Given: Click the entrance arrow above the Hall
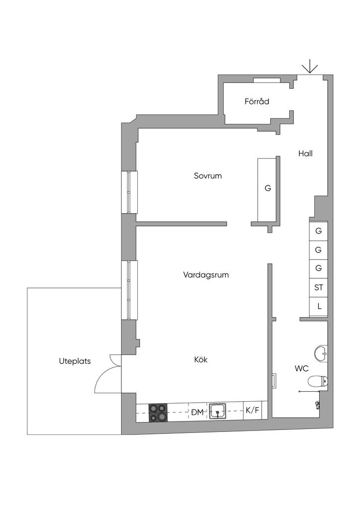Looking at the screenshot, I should tap(310, 67).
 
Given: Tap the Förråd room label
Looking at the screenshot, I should tap(257, 102).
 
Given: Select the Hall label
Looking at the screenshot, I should tap(305, 154).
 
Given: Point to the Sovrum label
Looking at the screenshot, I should tap(208, 176).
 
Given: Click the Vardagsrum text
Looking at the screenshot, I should tap(206, 274).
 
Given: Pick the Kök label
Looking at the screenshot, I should tap(200, 360).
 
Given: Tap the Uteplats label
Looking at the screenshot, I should tap(75, 361).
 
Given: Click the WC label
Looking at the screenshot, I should tap(301, 368).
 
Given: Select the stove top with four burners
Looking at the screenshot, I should tap(158, 413).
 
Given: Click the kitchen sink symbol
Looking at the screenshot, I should tap(218, 411).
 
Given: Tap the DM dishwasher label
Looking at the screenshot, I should tap(197, 412).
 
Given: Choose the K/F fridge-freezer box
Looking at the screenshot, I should tap(253, 411).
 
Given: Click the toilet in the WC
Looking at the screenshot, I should tap(317, 382).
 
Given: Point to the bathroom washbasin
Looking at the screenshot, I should tap(320, 353).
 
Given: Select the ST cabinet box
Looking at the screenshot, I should tap(319, 287).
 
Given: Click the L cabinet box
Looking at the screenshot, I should tap(319, 306).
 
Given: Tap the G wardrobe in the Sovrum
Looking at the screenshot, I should tap(267, 189).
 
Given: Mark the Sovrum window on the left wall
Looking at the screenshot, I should tap(129, 192).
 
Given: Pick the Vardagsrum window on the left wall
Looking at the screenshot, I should tap(129, 290).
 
